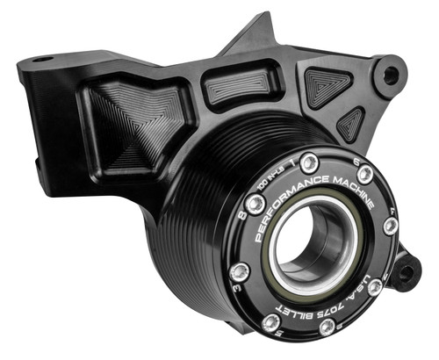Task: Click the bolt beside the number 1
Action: [308, 164]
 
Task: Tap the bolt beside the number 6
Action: [363, 176]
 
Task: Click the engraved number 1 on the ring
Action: [291, 158]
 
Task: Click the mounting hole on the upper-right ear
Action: [390, 74]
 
